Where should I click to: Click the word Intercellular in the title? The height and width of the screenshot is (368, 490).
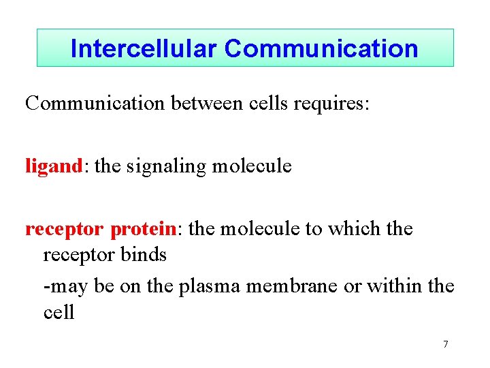[144, 48]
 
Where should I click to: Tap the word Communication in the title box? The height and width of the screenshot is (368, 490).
[321, 48]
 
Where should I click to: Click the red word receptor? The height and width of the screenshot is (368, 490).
[65, 230]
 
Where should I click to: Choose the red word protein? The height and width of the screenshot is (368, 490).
[142, 230]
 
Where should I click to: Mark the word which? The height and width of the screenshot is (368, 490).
[357, 228]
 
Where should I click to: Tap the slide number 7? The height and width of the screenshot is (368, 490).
[445, 344]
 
